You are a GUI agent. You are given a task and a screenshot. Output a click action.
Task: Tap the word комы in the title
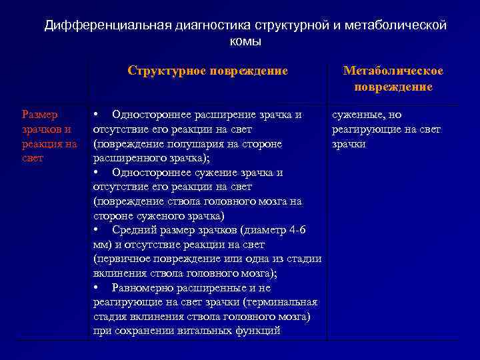(x=245, y=41)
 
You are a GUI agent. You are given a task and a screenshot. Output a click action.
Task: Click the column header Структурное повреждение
(x=207, y=71)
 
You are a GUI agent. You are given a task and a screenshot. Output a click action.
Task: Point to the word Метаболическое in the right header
(x=393, y=71)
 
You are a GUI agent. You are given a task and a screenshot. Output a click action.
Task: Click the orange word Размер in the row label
(x=40, y=115)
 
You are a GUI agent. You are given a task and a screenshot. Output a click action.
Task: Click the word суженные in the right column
(x=357, y=115)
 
